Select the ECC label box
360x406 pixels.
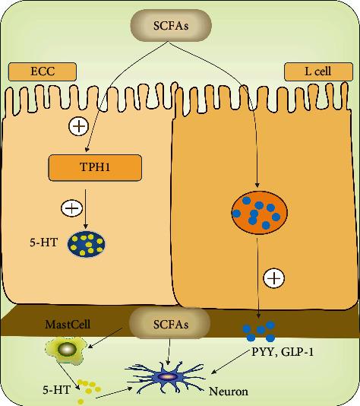[x=43, y=71]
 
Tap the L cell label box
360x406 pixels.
[x=318, y=71]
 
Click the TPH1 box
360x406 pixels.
[x=95, y=167]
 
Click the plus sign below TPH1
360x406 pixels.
[x=71, y=207]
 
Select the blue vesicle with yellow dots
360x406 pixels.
[x=87, y=243]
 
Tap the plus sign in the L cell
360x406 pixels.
[x=274, y=278]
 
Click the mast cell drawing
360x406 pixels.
[x=67, y=350]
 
